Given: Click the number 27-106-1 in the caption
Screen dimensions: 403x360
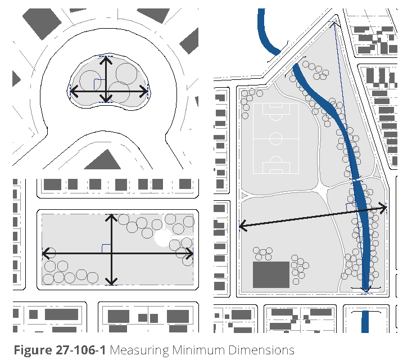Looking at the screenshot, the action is coord(80,350).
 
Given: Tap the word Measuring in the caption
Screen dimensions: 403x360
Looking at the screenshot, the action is coord(139,351).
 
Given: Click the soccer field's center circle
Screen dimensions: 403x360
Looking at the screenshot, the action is coord(276,138).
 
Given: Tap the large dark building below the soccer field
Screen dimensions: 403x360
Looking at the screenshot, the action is coord(271,274).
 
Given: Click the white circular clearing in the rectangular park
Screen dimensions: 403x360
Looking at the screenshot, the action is coord(163,237).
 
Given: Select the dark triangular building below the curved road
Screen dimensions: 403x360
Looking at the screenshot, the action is coord(102,159).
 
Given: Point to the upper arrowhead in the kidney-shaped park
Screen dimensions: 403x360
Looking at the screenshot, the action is coord(106,60).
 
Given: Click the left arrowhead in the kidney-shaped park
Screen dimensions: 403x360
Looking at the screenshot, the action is coord(74,91).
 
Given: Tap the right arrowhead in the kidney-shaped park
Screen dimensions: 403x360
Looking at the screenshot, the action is coord(143,91).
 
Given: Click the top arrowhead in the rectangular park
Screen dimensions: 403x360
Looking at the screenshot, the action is coord(111,218).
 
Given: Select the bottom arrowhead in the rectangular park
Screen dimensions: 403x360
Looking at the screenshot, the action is coord(111,281).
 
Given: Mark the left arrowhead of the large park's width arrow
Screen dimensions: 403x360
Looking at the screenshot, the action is coord(243,226).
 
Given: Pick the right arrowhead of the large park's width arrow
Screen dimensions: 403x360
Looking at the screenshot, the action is coord(383,208).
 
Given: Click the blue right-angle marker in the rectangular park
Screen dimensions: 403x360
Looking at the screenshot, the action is coord(106,249).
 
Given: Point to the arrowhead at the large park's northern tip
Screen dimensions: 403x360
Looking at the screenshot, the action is coord(334,24).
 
